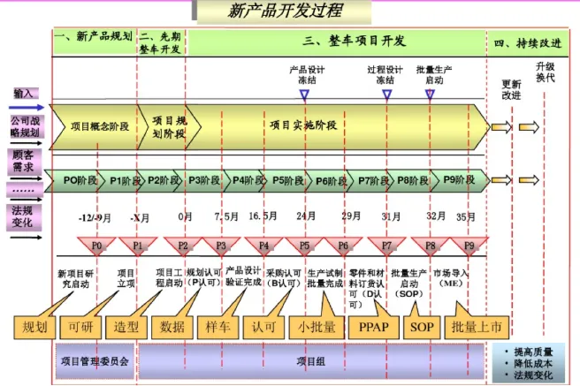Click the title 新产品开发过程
click(x=284, y=11)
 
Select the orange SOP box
click(x=422, y=326)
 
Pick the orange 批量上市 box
click(x=477, y=326)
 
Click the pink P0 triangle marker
click(x=97, y=245)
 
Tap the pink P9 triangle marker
click(x=469, y=245)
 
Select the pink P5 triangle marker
click(x=304, y=245)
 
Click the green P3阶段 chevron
click(x=204, y=180)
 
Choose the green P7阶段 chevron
click(x=376, y=180)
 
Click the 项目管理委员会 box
click(x=94, y=360)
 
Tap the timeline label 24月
click(x=306, y=216)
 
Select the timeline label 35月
click(x=466, y=216)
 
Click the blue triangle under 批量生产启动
click(x=430, y=91)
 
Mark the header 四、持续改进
click(x=527, y=42)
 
